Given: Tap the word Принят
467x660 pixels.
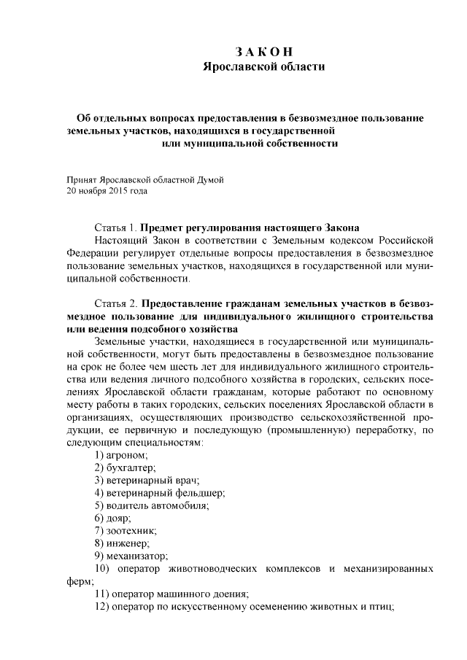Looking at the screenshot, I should point(80,179).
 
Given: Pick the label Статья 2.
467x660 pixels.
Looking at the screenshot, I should point(115,303).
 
